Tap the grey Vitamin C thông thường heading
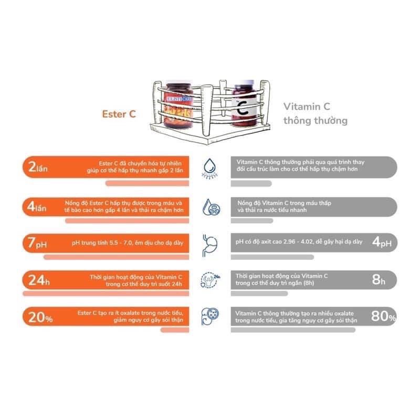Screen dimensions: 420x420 point(315,113)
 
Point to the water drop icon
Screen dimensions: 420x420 point(208,167)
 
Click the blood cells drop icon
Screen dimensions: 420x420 point(208,206)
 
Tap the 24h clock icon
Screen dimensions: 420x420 point(208,280)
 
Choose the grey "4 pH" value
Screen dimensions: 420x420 point(383,243)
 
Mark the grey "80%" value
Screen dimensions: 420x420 point(383,316)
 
